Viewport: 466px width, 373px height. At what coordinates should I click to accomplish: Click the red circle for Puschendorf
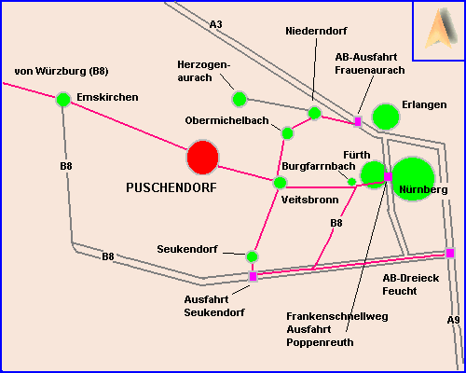point(202,158)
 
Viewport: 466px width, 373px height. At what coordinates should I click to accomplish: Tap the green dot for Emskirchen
point(63,100)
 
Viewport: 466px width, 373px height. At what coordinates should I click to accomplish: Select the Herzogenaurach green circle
point(240,99)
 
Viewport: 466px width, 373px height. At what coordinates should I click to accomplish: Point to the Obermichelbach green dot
point(287,133)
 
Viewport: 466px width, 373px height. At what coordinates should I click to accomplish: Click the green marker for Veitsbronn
point(280,183)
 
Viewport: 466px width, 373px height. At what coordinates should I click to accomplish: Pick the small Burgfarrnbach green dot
point(351,182)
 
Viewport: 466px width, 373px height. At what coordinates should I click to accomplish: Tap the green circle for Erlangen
point(386,117)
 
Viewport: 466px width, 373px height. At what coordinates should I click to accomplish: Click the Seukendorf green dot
point(252,256)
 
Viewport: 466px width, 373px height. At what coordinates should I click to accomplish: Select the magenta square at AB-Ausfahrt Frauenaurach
point(358,121)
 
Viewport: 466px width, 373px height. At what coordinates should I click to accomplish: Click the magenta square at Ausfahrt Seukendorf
point(254,276)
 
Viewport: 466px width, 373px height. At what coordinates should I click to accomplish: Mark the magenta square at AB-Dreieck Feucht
point(450,253)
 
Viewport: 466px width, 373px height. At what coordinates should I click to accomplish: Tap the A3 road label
point(216,24)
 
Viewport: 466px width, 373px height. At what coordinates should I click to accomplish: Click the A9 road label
point(453,320)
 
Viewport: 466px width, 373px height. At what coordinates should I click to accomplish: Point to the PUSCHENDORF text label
point(171,187)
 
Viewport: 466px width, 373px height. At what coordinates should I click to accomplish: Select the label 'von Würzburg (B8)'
point(62,71)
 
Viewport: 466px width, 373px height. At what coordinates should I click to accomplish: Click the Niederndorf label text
point(316,31)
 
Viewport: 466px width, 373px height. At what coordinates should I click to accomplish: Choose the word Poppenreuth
point(320,342)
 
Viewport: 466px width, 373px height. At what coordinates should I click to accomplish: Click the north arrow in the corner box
point(441,29)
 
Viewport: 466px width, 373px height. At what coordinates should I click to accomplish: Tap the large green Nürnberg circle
point(413,179)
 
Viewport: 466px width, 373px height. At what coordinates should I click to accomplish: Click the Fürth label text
point(357,155)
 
